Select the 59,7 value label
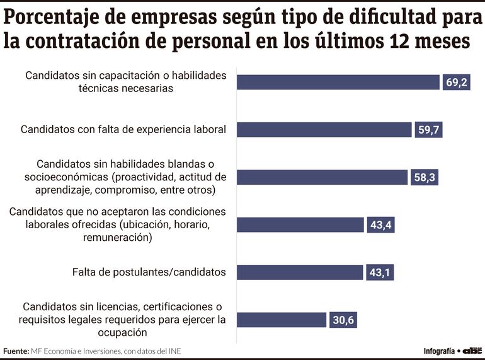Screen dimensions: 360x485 pos(429,130)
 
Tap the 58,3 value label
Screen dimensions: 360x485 pos(425,178)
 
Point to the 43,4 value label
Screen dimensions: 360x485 pos(380,225)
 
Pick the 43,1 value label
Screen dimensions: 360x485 pos(380,272)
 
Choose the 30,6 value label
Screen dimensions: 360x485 pos(343,320)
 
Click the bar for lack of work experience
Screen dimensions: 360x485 pos(324,130)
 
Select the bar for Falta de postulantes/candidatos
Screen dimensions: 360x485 pos(300,272)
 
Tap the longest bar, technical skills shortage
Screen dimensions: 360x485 pos(338,83)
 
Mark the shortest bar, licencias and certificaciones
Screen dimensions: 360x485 pos(282,320)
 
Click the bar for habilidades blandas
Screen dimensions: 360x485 pos(322,178)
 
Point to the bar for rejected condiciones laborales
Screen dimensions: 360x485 pos(300,225)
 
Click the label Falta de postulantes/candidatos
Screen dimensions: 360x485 pos(149,272)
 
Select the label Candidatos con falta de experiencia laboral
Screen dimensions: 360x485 pos(123,130)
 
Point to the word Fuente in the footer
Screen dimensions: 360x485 pos(15,351)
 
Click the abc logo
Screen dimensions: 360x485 pos(472,351)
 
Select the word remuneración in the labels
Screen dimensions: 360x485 pos(117,238)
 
